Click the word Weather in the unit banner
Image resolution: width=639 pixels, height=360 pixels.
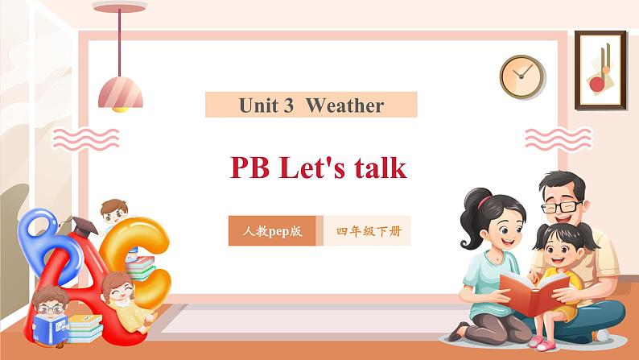pos(344,106)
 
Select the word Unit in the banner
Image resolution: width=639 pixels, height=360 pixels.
pos(256,106)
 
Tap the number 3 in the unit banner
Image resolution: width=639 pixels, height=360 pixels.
pos(288,106)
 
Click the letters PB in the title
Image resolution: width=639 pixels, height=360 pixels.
pos(250,168)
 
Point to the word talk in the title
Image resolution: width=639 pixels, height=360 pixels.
pos(377,168)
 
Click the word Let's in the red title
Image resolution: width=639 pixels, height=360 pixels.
pos(313,168)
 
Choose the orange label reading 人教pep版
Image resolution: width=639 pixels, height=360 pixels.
pos(272,231)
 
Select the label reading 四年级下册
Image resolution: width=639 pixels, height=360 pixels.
pos(368,231)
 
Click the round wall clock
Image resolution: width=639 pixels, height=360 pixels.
pos(522,77)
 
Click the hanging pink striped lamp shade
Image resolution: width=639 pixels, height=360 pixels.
pos(121,91)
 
